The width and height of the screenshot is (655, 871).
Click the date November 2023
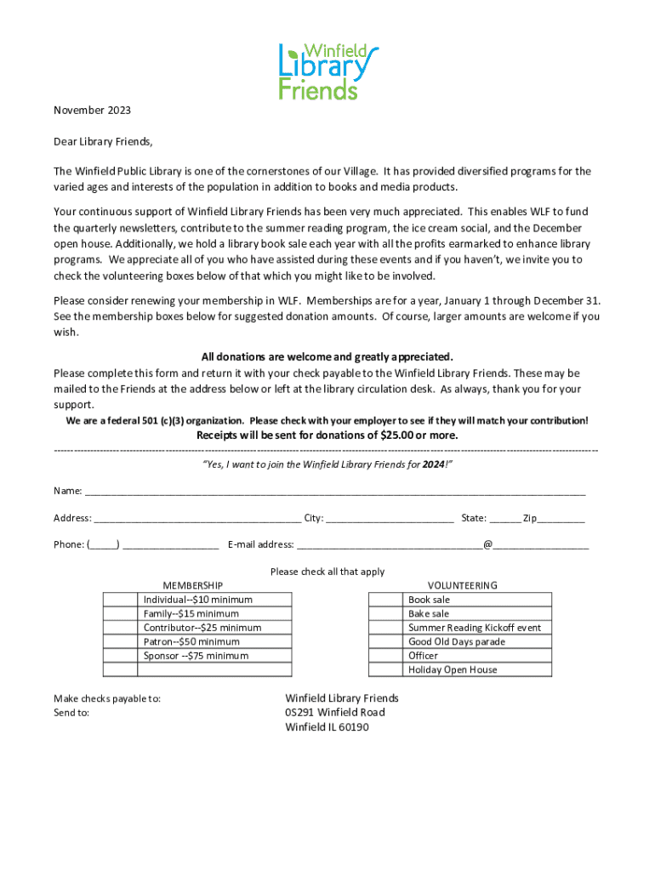tap(93, 111)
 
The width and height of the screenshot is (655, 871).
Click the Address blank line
tap(196, 520)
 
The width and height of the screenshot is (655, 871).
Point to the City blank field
tap(389, 520)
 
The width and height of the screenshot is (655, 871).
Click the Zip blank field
tap(561, 520)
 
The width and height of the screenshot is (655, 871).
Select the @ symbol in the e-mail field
tap(487, 544)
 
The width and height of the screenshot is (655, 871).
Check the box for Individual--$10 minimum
tap(121, 600)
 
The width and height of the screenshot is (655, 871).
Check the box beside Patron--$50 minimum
tap(121, 641)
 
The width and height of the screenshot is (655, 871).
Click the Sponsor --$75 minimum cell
tap(196, 656)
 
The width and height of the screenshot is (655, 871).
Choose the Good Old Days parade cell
tap(456, 641)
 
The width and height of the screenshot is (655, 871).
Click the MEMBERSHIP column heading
tap(193, 585)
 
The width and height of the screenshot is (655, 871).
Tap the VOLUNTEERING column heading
tap(462, 585)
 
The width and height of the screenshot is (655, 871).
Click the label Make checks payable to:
tap(107, 698)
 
